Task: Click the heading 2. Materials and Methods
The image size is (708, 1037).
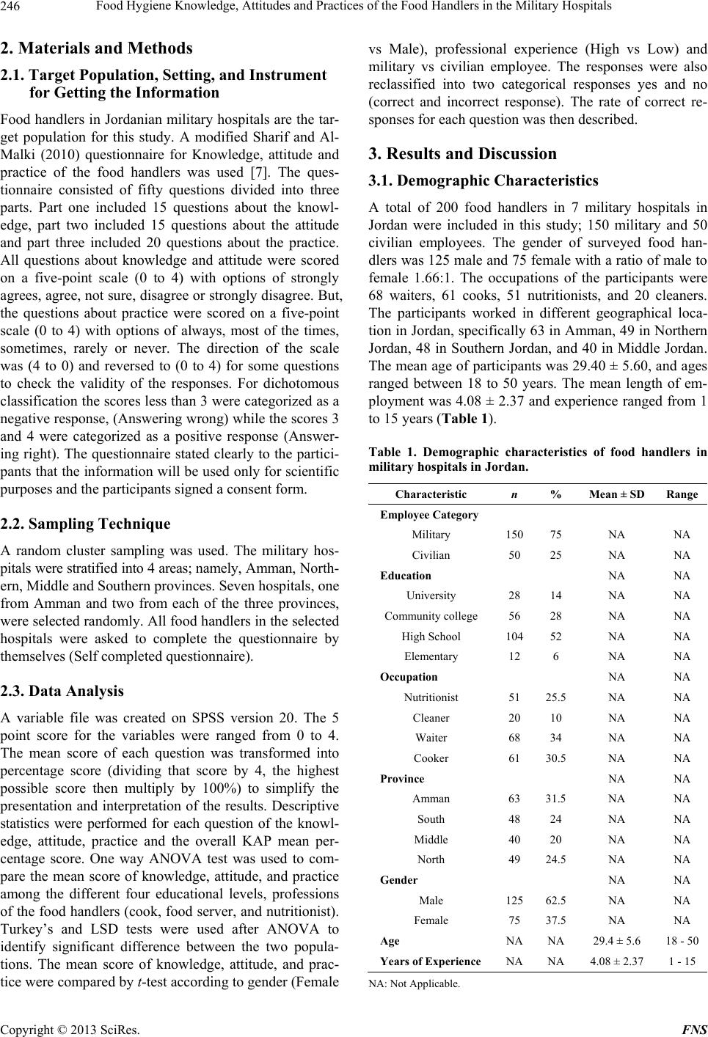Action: pos(97,48)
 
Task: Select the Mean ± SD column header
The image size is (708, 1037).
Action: pos(617,495)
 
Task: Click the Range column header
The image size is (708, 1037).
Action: pos(682,495)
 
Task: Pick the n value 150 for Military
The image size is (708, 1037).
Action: pos(513,535)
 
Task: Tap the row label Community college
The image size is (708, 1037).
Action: pos(431,616)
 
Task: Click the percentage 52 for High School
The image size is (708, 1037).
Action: pos(556,637)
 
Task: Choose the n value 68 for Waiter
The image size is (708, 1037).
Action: pos(513,738)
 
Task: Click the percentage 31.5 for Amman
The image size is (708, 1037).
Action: pos(556,799)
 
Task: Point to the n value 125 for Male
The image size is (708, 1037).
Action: pos(513,900)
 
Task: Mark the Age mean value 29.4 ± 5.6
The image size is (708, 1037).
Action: pos(617,941)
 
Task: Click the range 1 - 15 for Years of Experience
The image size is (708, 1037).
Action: pos(682,961)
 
